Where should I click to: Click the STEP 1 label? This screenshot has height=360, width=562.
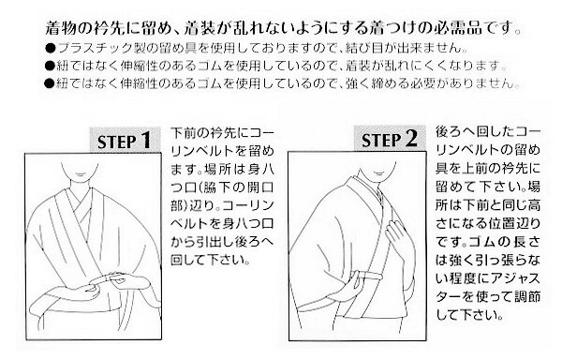click(x=124, y=141)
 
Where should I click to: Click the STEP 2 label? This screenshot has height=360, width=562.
click(x=390, y=140)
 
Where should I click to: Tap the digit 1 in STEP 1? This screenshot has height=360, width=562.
click(x=145, y=141)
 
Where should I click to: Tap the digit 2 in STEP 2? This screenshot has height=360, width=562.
click(x=411, y=139)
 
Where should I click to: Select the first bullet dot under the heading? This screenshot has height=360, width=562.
click(x=51, y=48)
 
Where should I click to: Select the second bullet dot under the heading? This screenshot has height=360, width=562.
click(x=50, y=66)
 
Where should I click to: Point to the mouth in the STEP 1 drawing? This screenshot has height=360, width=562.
click(x=81, y=174)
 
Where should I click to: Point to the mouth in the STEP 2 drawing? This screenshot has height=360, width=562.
click(x=377, y=172)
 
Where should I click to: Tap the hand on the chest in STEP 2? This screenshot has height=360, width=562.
click(x=397, y=235)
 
